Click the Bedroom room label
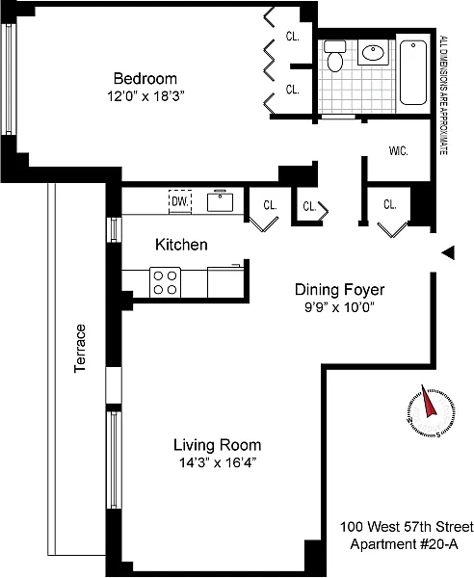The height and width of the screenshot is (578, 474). pyautogui.click(x=145, y=79)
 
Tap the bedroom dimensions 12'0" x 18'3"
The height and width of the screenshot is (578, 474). pyautogui.click(x=145, y=96)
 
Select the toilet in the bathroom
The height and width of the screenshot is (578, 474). pyautogui.click(x=334, y=56)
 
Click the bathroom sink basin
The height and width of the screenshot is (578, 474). pyautogui.click(x=373, y=52)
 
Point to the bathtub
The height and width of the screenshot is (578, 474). pyautogui.click(x=413, y=72)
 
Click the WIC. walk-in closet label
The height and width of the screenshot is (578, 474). pyautogui.click(x=399, y=151)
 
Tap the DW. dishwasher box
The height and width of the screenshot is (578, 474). pyautogui.click(x=180, y=201)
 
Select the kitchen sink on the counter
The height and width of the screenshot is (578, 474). pyautogui.click(x=220, y=201)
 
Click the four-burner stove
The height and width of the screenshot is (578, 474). pyautogui.click(x=165, y=282)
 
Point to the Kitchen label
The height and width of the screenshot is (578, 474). pyautogui.click(x=181, y=245)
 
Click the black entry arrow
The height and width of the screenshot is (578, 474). pyautogui.click(x=448, y=252)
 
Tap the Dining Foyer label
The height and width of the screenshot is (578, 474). pyautogui.click(x=339, y=290)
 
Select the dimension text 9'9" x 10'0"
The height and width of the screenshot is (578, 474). pyautogui.click(x=339, y=307)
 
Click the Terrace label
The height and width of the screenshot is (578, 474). pyautogui.click(x=80, y=349)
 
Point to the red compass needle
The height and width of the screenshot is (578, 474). pyautogui.click(x=429, y=402)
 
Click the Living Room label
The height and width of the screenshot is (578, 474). pyautogui.click(x=218, y=445)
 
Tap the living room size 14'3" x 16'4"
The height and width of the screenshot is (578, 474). pyautogui.click(x=218, y=462)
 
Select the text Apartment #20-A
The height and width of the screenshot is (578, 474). pyautogui.click(x=404, y=544)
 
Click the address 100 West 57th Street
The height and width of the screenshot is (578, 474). pyautogui.click(x=407, y=527)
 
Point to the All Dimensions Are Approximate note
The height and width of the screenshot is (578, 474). pyautogui.click(x=444, y=94)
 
